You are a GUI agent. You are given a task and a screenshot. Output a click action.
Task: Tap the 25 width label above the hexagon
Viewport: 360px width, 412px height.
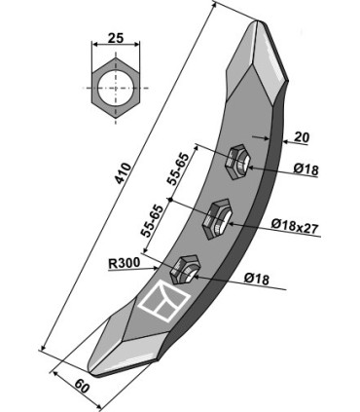point(116,38)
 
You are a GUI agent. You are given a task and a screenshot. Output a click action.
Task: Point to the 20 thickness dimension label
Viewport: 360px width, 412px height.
point(302,137)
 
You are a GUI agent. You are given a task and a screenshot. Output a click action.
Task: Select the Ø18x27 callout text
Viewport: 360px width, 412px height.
point(295,224)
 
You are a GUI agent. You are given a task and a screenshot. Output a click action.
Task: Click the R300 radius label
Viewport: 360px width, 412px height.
point(125,263)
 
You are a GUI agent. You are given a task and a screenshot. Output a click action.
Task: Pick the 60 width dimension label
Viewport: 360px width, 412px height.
point(82,386)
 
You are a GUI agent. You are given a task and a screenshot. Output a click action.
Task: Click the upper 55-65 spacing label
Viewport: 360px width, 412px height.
point(178,169)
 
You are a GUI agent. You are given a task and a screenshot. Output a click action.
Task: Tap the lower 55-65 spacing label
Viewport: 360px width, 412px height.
point(151,221)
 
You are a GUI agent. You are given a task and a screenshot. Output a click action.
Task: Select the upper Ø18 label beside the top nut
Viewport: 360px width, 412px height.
point(306,169)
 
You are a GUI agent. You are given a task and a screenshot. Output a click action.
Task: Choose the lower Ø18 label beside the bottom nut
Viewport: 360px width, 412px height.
point(257,279)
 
